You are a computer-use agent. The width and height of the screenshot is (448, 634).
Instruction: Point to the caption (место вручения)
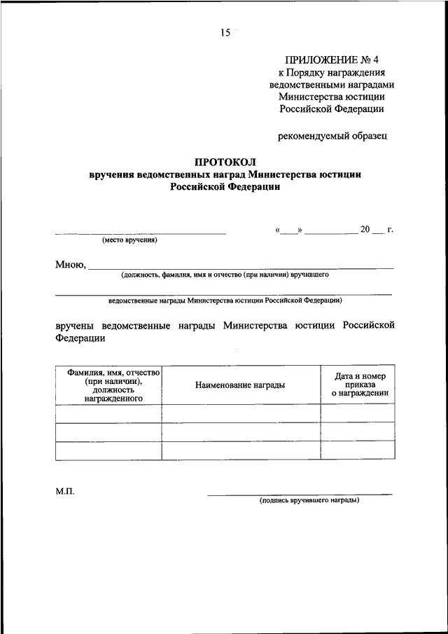tap(129, 240)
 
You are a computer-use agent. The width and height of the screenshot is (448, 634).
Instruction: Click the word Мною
tap(69, 265)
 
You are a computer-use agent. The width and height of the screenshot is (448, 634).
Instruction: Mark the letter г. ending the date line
tap(390, 230)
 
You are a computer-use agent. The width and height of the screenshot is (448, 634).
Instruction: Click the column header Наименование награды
tap(240, 385)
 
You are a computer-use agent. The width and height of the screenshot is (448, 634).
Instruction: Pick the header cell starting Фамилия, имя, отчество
tap(108, 385)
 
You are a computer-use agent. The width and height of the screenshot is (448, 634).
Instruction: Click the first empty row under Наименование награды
tap(240, 413)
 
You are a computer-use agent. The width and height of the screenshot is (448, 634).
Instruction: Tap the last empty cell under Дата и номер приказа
tap(357, 450)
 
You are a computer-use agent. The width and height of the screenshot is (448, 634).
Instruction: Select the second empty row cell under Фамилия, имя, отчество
tap(108, 432)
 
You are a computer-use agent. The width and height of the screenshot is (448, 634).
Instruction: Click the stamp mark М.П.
tap(65, 492)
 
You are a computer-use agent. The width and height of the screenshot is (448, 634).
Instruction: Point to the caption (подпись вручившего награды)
tap(309, 501)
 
